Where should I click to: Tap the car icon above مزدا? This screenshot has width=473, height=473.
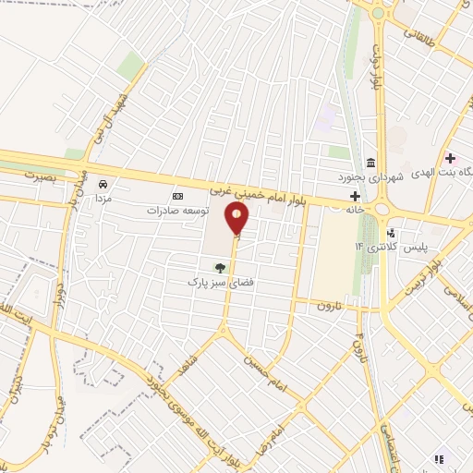(x=103, y=184)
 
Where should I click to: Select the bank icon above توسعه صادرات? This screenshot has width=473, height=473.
(x=178, y=196)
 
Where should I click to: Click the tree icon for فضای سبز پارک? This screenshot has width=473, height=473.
(x=219, y=268)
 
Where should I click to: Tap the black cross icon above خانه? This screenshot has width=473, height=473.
(x=354, y=196)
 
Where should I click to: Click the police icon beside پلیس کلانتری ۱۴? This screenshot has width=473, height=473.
(x=392, y=232)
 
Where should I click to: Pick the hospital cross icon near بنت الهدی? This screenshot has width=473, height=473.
(x=450, y=158)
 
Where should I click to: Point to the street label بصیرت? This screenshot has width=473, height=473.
(x=41, y=174)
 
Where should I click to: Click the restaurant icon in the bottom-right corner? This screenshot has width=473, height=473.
(x=441, y=457)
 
